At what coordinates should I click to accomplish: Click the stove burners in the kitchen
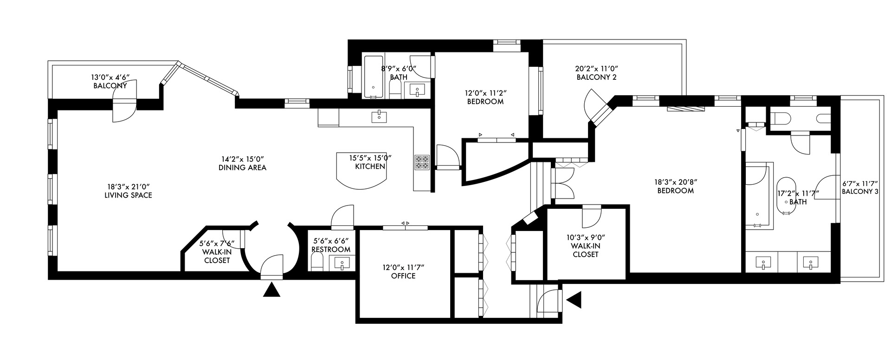[422, 162]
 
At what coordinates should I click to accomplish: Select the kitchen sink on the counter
[380, 116]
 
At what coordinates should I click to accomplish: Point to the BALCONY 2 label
[596, 77]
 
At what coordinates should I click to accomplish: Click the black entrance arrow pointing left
[575, 300]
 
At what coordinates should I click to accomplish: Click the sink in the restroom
[342, 264]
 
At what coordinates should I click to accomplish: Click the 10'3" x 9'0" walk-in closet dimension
[586, 237]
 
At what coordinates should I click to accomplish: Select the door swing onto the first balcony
[124, 106]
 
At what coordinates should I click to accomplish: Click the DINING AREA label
[242, 167]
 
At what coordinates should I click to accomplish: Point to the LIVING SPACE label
[128, 195]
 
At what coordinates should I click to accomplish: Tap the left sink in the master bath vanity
[762, 263]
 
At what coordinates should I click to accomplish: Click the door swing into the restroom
[342, 217]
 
